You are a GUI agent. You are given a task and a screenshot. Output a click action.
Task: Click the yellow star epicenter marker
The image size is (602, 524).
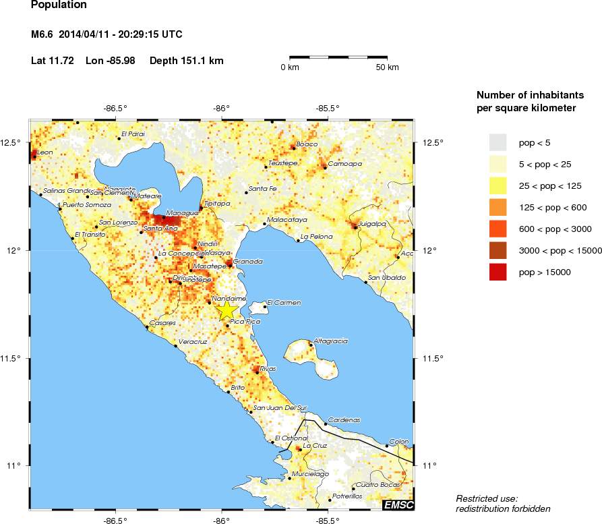(x=227, y=310)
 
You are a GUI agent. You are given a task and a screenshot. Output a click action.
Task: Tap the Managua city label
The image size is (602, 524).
(x=182, y=213)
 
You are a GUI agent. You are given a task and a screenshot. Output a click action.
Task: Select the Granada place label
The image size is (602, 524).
(x=247, y=261)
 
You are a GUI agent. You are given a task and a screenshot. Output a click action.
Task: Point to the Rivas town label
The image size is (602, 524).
(x=268, y=369)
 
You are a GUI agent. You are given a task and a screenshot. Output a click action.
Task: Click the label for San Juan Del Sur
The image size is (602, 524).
(x=280, y=407)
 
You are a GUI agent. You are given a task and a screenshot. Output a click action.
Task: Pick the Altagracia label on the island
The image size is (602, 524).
(x=331, y=341)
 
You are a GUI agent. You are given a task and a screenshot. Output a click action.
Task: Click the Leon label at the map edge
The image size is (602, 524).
(x=44, y=153)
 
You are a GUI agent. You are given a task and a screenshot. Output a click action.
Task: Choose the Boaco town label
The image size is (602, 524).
(x=307, y=144)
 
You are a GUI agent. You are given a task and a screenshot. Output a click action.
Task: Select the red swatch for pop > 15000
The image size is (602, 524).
(x=498, y=272)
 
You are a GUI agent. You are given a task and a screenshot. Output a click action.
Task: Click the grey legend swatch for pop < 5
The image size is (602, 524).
(x=498, y=142)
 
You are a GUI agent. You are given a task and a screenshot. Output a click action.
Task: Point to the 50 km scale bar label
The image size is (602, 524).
(x=387, y=67)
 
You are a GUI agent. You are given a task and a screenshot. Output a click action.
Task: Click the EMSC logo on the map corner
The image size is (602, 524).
(x=398, y=504)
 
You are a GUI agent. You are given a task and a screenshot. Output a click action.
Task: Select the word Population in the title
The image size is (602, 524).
(x=59, y=5)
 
